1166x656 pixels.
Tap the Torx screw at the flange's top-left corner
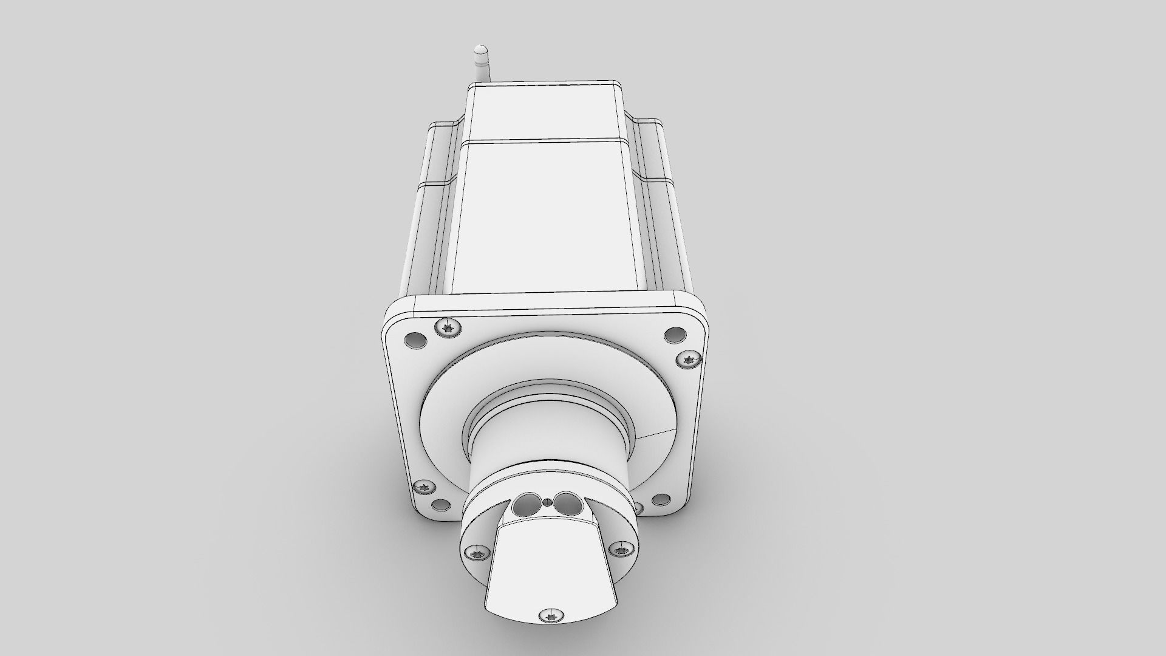(x=448, y=329)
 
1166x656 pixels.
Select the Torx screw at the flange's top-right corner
(x=689, y=360)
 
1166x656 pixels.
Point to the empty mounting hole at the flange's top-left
(x=415, y=340)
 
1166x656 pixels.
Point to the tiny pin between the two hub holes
(x=548, y=484)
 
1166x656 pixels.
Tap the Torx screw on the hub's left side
(x=476, y=553)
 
